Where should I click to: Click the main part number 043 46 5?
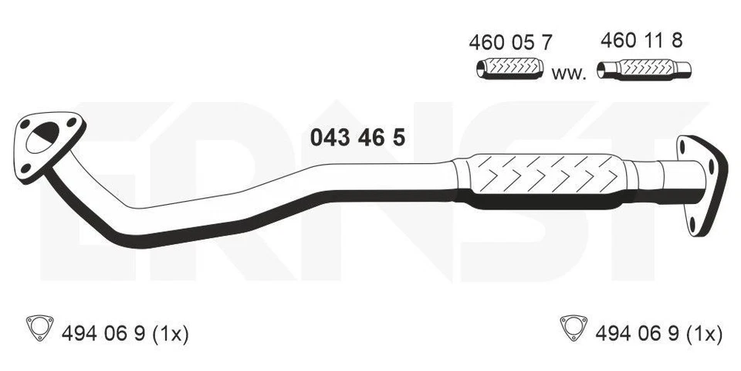pyautogui.click(x=357, y=138)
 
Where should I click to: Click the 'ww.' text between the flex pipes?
pyautogui.click(x=570, y=74)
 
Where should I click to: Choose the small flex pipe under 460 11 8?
pyautogui.click(x=645, y=71)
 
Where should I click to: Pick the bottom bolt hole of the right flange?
pyautogui.click(x=693, y=224)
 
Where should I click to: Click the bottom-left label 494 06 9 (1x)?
pyautogui.click(x=123, y=333)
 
